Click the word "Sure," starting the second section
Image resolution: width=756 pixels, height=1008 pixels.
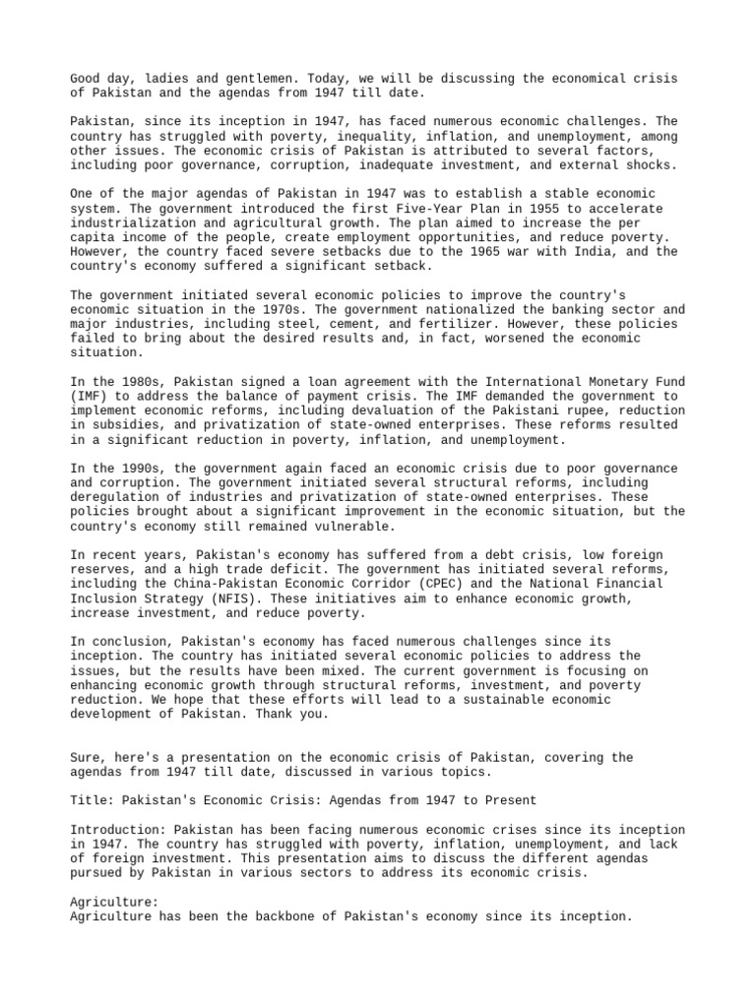pyautogui.click(x=89, y=758)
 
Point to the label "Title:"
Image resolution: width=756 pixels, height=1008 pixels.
pyautogui.click(x=92, y=801)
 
